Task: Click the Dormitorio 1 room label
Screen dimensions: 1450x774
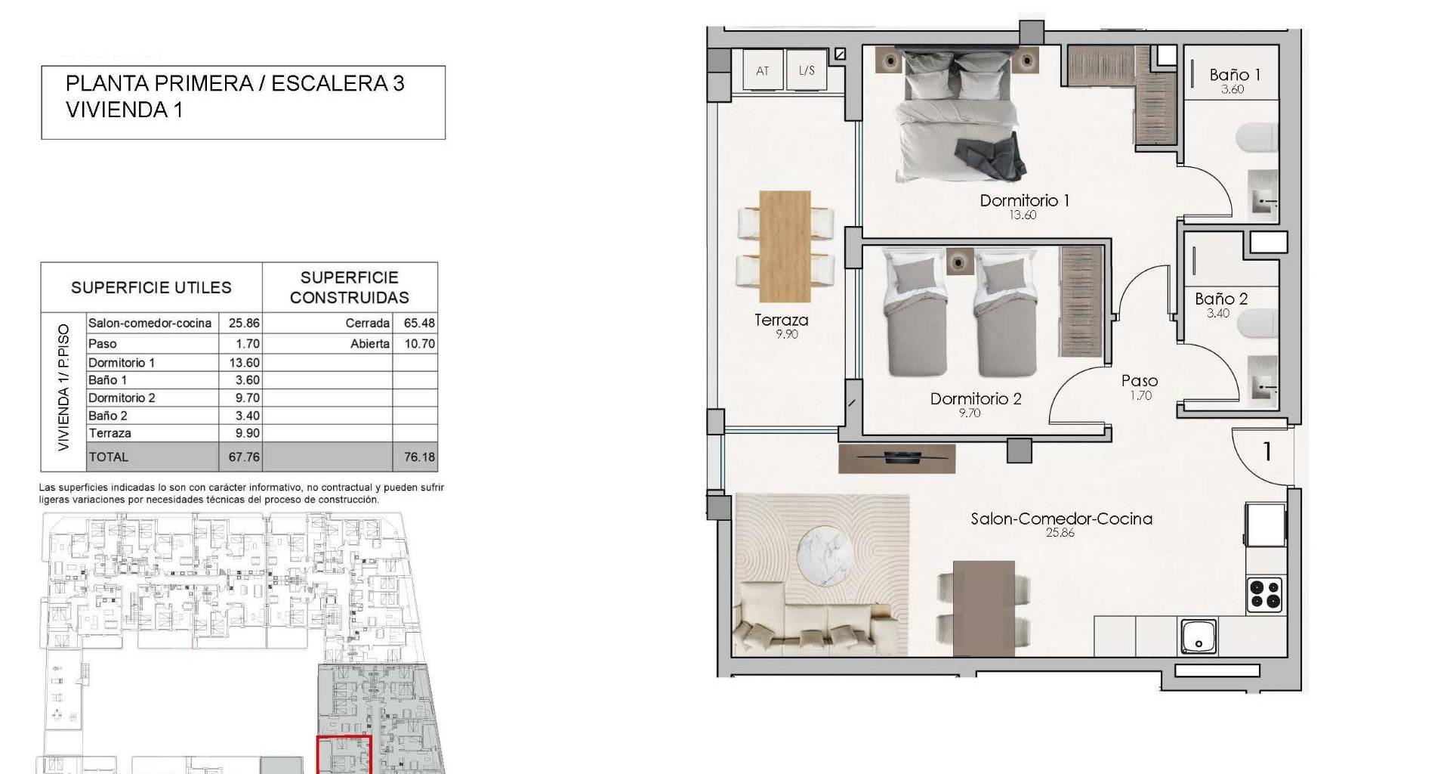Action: tap(1024, 200)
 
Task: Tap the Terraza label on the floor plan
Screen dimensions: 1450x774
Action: tap(781, 320)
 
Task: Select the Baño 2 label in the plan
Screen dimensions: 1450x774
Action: tap(1220, 299)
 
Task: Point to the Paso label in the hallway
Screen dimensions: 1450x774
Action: tap(1140, 381)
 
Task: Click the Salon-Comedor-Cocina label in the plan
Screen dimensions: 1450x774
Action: tap(1061, 519)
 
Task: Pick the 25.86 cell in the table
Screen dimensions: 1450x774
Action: tap(244, 323)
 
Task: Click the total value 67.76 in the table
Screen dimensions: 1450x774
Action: tap(244, 457)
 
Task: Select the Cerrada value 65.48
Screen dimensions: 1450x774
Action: tap(419, 323)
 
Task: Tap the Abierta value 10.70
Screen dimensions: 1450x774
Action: tap(419, 343)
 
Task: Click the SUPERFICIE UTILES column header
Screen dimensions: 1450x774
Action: tap(151, 287)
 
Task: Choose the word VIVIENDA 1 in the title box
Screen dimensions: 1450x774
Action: tap(124, 110)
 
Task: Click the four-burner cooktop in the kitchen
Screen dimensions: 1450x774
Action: tap(1264, 594)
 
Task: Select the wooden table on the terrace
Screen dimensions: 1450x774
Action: tap(785, 247)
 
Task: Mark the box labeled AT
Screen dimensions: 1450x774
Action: tap(763, 70)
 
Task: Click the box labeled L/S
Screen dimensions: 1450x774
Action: tap(807, 70)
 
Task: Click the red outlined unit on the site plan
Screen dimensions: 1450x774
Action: tap(344, 754)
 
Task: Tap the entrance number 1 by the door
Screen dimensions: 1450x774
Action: tap(1267, 452)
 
